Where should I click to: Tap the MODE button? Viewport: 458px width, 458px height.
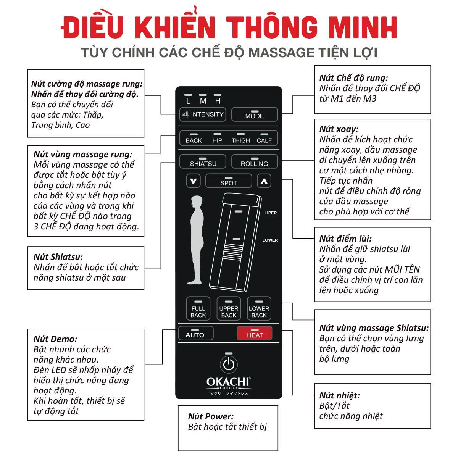pyautogui.click(x=255, y=114)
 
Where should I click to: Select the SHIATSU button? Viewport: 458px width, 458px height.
pyautogui.click(x=203, y=162)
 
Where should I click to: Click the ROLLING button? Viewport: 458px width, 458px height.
pyautogui.click(x=254, y=162)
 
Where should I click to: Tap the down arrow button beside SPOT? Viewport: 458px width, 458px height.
pyautogui.click(x=194, y=181)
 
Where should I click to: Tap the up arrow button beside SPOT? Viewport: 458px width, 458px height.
pyautogui.click(x=264, y=181)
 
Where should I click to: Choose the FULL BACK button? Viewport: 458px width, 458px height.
pyautogui.click(x=198, y=309)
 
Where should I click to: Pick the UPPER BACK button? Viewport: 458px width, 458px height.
pyautogui.click(x=229, y=309)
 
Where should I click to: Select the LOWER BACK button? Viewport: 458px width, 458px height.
pyautogui.click(x=259, y=309)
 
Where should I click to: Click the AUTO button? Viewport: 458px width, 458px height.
pyautogui.click(x=195, y=333)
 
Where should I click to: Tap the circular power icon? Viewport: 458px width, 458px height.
pyautogui.click(x=229, y=364)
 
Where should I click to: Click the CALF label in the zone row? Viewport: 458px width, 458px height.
pyautogui.click(x=264, y=140)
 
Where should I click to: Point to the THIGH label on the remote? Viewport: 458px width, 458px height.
pyautogui.click(x=241, y=140)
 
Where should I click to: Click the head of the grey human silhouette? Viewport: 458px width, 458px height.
pyautogui.click(x=197, y=202)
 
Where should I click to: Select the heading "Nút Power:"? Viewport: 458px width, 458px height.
pyautogui.click(x=211, y=416)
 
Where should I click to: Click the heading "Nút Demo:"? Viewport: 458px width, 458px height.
pyautogui.click(x=55, y=339)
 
